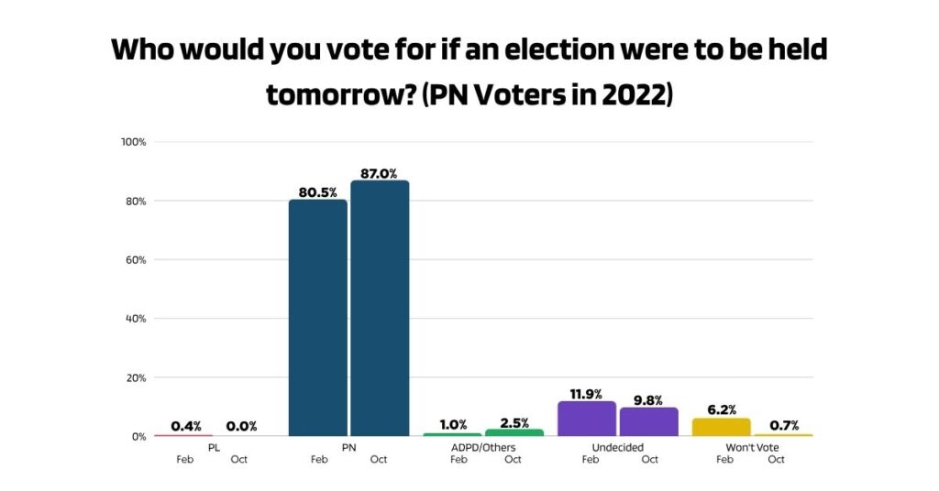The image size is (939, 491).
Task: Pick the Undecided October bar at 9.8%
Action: pyautogui.click(x=648, y=421)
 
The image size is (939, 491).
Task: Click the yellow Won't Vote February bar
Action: pyautogui.click(x=722, y=427)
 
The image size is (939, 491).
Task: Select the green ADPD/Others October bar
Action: pyautogui.click(x=514, y=432)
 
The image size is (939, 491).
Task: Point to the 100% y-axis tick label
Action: pyautogui.click(x=134, y=142)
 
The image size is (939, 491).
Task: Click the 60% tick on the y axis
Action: pyautogui.click(x=137, y=260)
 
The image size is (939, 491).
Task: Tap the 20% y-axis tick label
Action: pyautogui.click(x=137, y=377)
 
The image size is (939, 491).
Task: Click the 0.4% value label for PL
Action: pyautogui.click(x=187, y=426)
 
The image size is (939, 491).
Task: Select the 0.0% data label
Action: pyautogui.click(x=241, y=426)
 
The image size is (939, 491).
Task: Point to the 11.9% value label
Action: pyautogui.click(x=587, y=394)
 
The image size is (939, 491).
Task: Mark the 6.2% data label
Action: pyautogui.click(x=723, y=409)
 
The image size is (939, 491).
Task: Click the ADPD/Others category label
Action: pyautogui.click(x=482, y=448)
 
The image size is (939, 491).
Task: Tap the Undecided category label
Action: pyautogui.click(x=617, y=448)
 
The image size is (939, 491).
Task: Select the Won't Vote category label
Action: pyautogui.click(x=751, y=448)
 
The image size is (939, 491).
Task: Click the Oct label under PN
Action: pyautogui.click(x=378, y=460)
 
